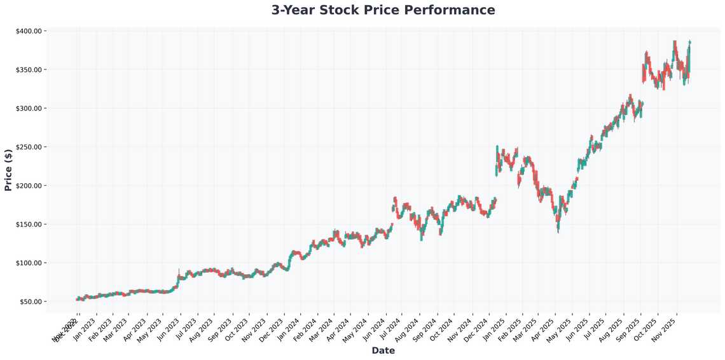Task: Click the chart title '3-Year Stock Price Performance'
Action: click(x=383, y=10)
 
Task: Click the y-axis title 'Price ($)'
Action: click(x=8, y=166)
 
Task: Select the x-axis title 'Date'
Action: click(x=383, y=350)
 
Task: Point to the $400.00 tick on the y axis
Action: click(x=29, y=31)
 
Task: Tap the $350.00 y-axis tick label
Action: click(x=29, y=69)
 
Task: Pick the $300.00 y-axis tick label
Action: click(x=29, y=108)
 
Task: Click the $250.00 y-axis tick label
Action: click(x=29, y=147)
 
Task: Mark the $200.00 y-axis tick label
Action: click(x=29, y=186)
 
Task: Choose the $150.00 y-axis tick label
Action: click(x=29, y=225)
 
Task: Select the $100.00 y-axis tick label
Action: click(x=29, y=263)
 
